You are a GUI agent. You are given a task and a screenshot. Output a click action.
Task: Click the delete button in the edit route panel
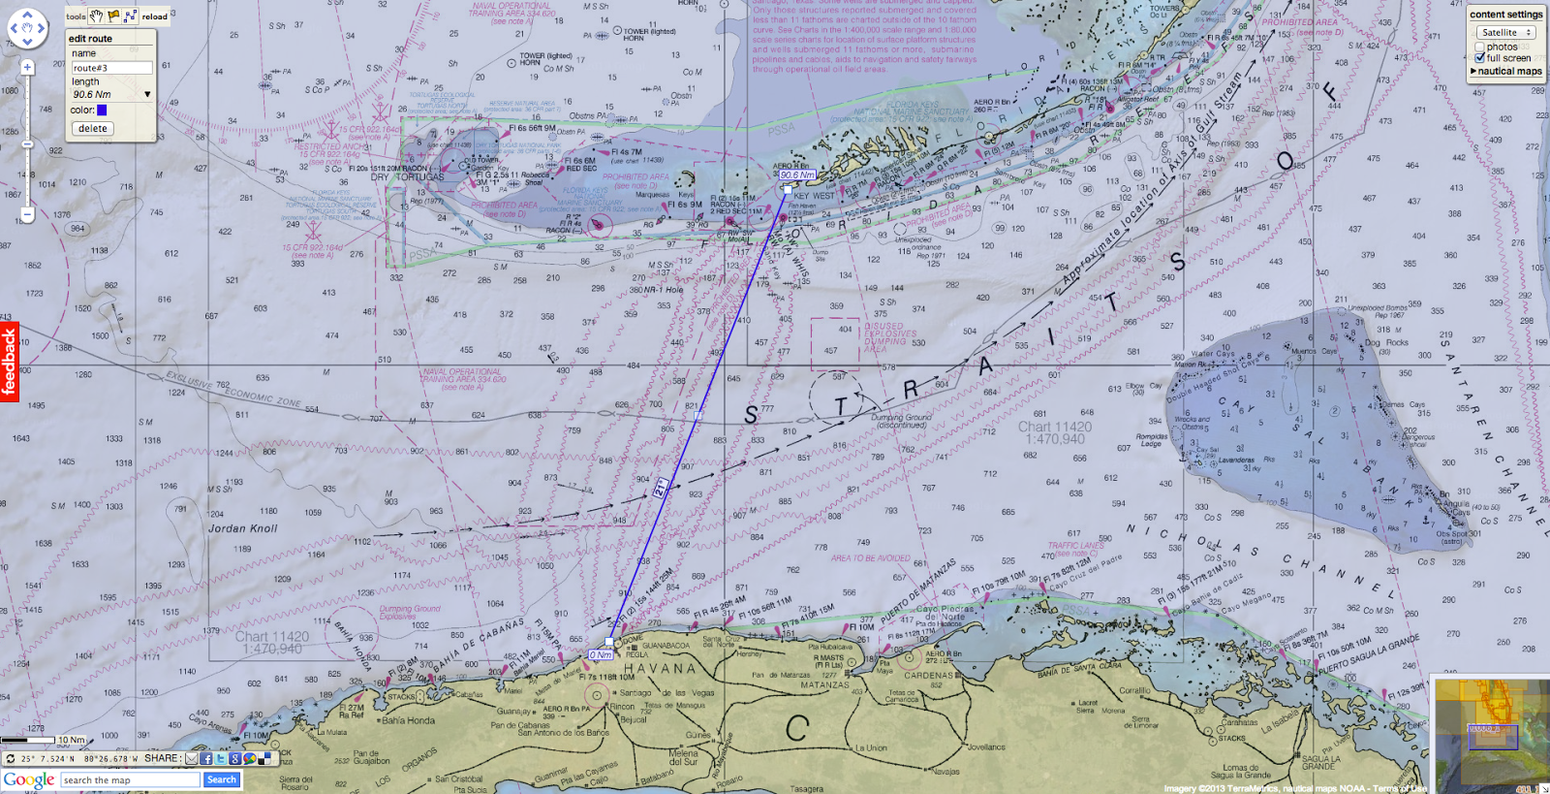pos(93,128)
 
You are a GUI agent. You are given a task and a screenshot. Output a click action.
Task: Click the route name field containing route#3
pos(111,68)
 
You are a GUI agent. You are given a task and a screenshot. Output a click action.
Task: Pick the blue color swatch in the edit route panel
pos(102,111)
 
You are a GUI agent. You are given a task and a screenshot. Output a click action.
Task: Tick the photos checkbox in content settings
pos(1480,47)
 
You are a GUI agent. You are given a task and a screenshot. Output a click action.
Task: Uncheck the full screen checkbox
pos(1480,58)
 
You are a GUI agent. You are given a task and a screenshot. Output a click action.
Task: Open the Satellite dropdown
pos(1505,32)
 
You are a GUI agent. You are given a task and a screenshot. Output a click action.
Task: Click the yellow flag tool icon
pos(114,16)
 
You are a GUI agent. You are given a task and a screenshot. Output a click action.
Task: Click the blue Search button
pos(221,779)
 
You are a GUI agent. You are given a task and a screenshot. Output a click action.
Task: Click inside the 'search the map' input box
pos(130,779)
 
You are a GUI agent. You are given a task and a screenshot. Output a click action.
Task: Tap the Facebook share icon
pos(206,759)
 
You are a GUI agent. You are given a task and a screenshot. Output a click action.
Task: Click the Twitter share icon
pos(221,759)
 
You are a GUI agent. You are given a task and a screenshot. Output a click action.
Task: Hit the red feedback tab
pos(9,362)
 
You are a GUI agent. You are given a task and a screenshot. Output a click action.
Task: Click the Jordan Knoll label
pos(242,528)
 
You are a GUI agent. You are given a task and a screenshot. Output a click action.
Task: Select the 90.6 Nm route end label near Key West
pos(797,175)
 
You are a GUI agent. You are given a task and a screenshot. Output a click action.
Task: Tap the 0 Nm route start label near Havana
pos(601,655)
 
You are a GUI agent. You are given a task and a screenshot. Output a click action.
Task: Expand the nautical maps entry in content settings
pos(1506,71)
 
